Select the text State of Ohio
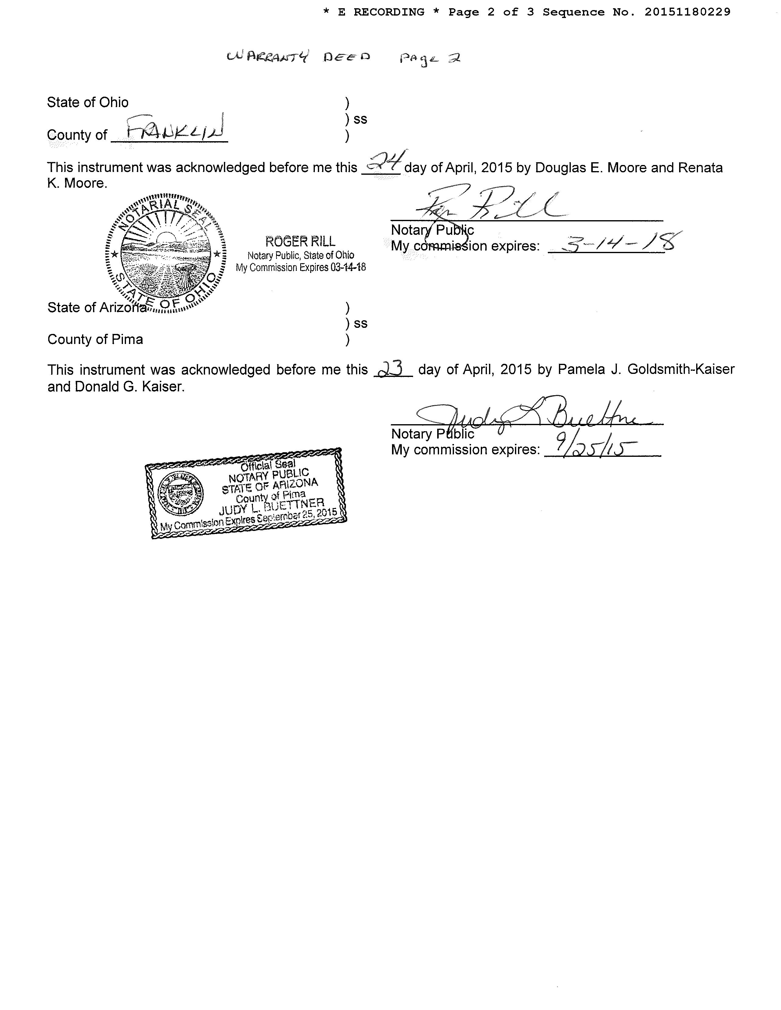coord(88,102)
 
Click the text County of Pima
coord(95,339)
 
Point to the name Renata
coord(700,167)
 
